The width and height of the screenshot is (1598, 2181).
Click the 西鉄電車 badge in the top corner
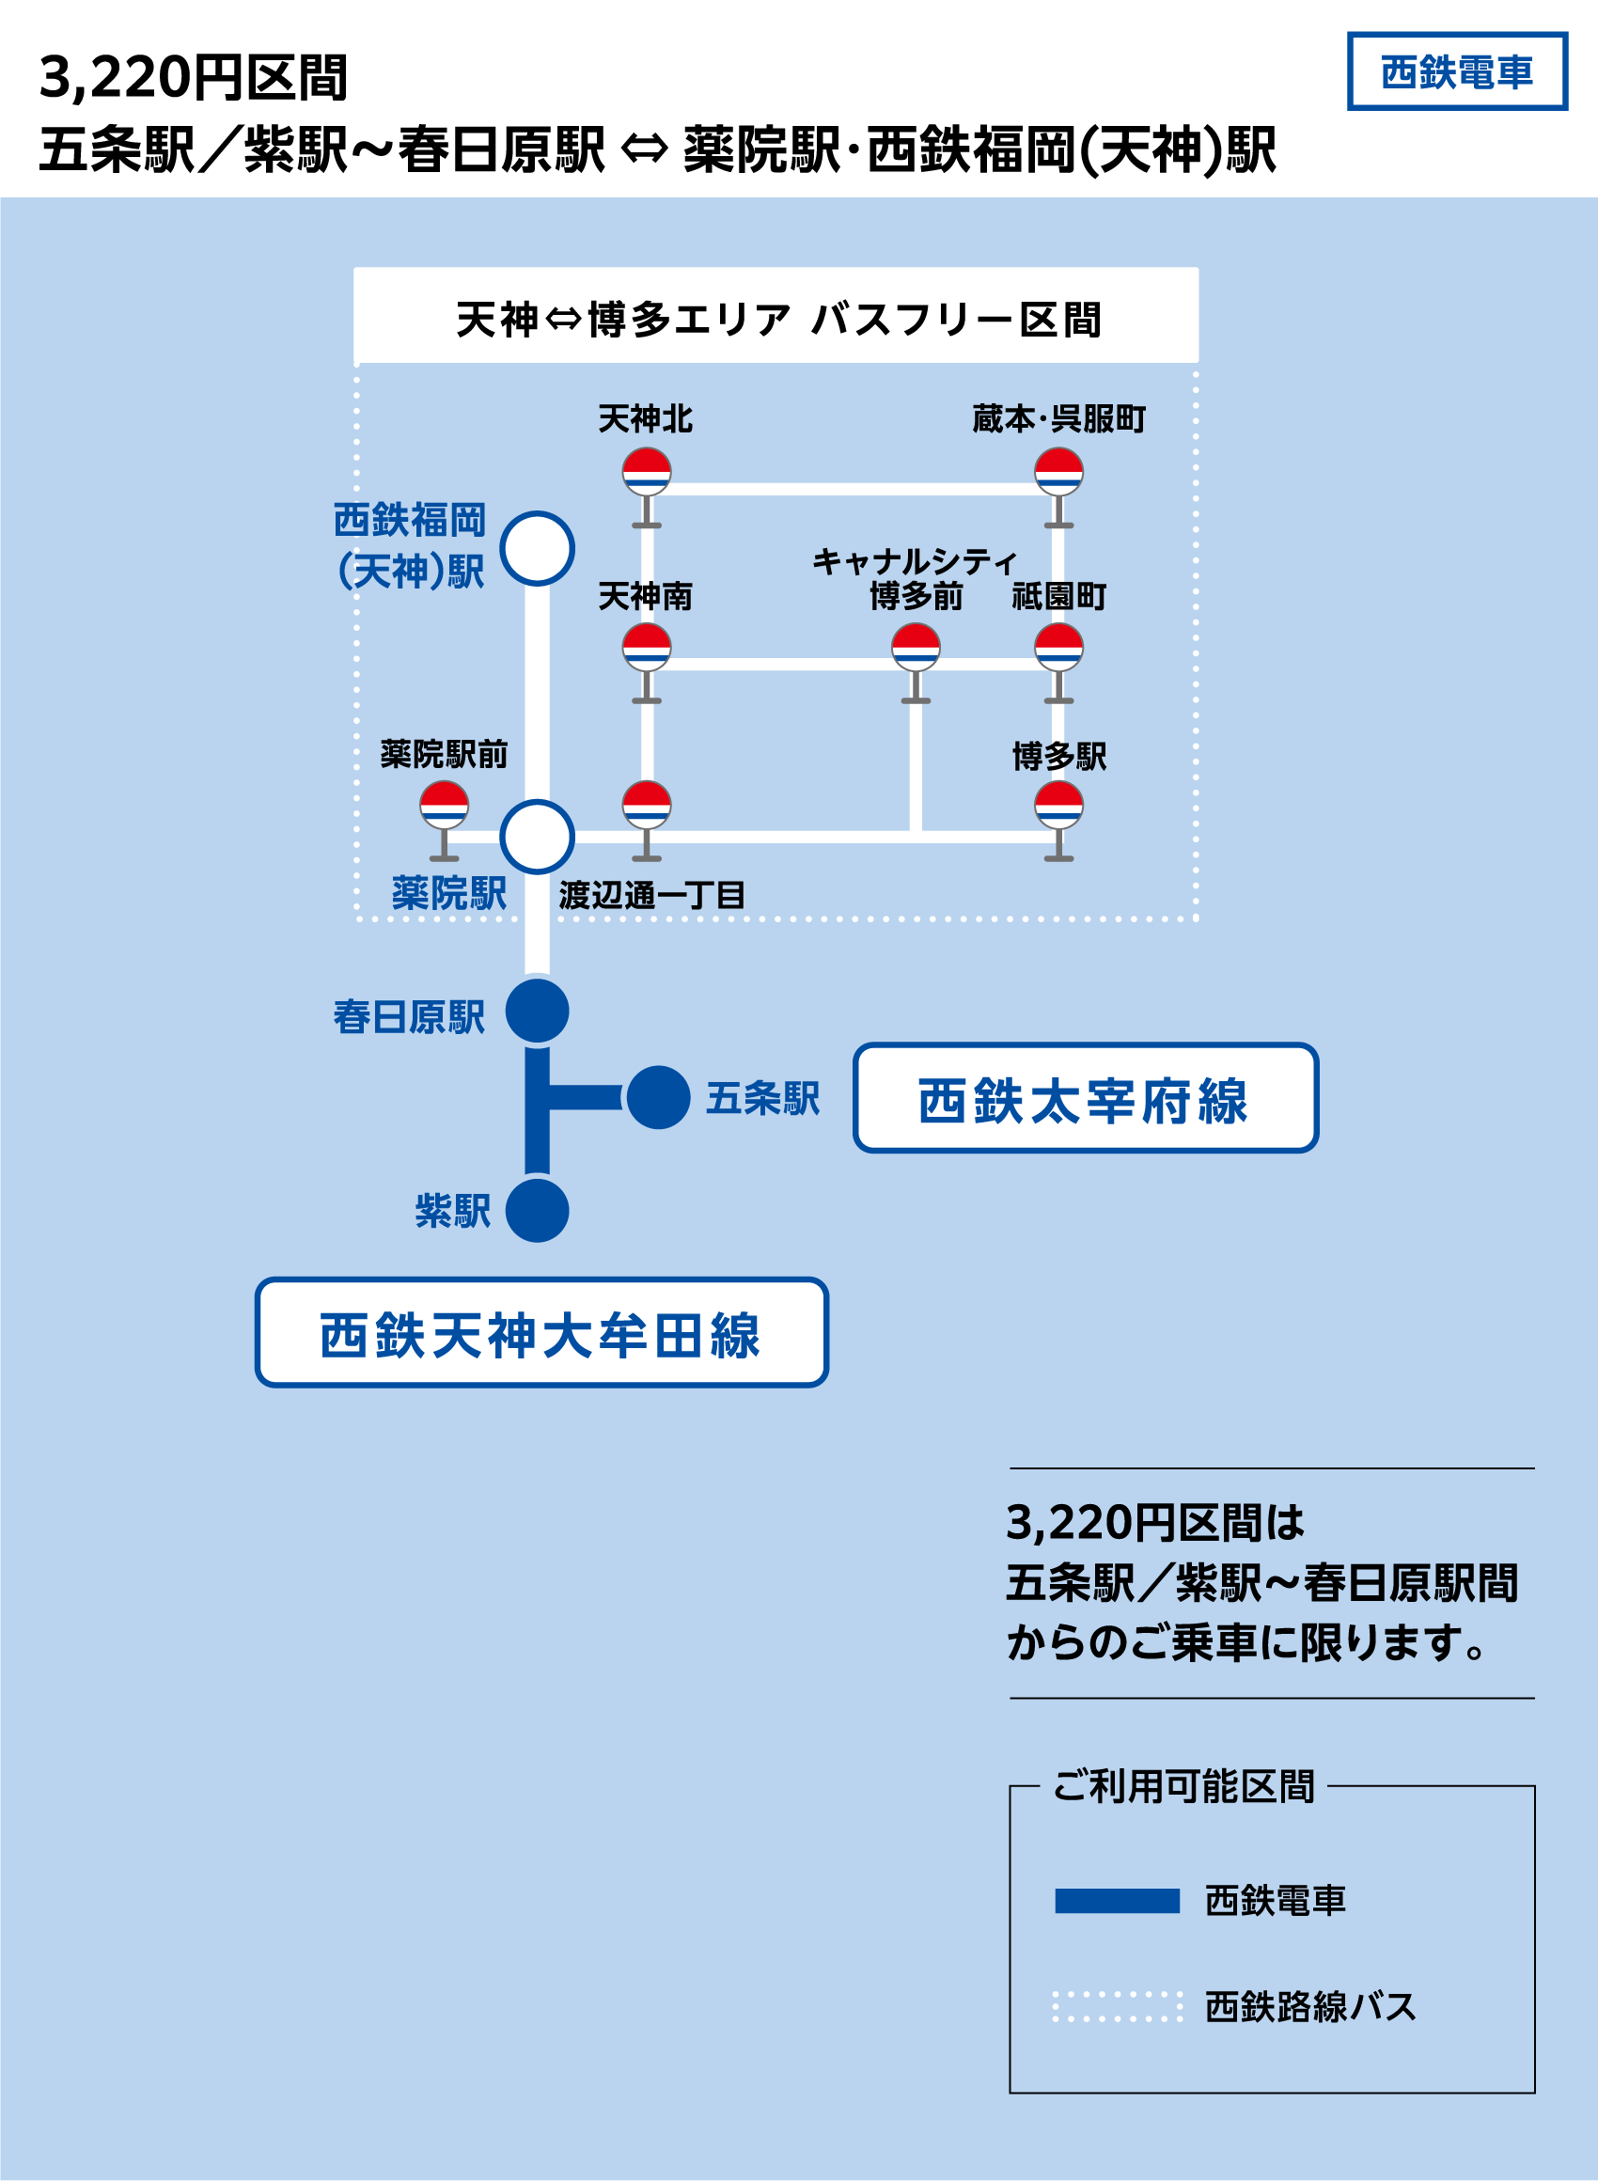(x=1457, y=71)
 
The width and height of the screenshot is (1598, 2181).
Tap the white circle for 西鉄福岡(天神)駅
(x=538, y=548)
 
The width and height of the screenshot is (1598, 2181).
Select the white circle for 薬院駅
(x=538, y=837)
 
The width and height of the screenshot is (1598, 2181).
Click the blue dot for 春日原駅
(x=538, y=1011)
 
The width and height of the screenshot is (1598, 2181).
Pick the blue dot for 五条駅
(x=658, y=1098)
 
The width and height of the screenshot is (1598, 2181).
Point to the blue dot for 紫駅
(x=538, y=1210)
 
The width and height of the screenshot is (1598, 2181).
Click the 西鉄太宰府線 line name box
(x=1086, y=1098)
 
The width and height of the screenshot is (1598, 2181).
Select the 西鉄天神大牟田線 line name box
(x=541, y=1333)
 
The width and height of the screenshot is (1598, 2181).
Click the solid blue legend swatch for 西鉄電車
(x=1118, y=1902)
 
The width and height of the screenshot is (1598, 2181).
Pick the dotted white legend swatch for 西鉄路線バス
(x=1118, y=2007)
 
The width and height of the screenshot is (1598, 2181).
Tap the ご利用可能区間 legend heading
(x=1183, y=1786)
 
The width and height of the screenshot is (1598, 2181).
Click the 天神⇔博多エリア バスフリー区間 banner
(x=775, y=318)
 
